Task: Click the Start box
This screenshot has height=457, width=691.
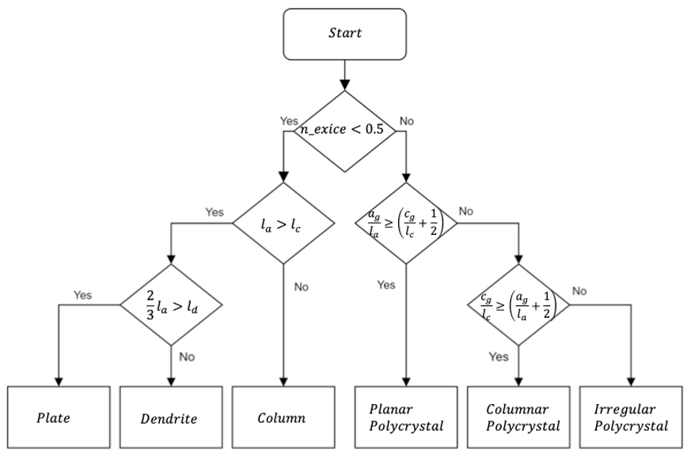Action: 344,34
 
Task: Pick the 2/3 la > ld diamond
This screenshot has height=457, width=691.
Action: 171,304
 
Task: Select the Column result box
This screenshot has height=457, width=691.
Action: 282,417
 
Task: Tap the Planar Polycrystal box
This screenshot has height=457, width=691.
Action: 406,417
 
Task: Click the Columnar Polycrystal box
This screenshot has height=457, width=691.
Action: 518,417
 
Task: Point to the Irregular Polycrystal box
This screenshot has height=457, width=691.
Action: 631,417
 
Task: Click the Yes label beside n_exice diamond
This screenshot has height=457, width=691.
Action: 289,121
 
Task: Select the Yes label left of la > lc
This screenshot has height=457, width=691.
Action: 215,212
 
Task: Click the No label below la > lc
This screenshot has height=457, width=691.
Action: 301,287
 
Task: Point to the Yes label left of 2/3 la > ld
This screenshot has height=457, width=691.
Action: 83,295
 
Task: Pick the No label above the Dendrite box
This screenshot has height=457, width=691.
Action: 187,357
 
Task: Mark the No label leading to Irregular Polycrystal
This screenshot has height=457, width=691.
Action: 579,291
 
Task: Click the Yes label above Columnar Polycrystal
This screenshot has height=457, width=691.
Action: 499,357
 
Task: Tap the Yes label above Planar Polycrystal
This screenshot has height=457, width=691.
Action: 387,285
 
